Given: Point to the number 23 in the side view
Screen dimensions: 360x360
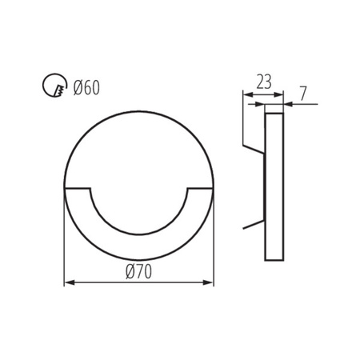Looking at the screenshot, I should [264, 81].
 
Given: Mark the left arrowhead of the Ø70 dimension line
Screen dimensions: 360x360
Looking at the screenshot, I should [67, 282].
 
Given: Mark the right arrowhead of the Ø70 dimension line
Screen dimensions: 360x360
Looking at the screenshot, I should [210, 282].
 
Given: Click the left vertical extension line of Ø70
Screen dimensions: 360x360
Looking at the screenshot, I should [64, 240].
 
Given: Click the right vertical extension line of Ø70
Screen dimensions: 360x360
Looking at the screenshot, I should [214, 240].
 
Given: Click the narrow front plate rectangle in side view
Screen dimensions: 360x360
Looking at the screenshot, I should [274, 184].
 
